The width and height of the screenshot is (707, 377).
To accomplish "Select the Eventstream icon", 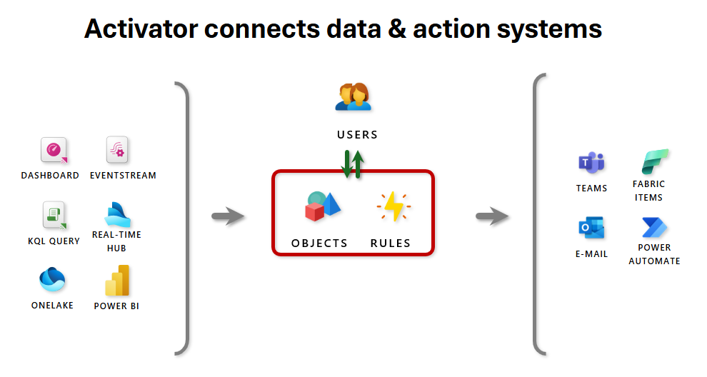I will [x=117, y=151].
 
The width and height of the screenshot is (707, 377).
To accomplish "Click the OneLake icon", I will [x=52, y=279].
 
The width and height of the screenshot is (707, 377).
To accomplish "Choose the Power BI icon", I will [x=117, y=281].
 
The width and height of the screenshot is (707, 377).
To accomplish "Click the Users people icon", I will [x=353, y=98].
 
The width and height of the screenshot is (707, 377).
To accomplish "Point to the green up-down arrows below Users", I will [x=352, y=164].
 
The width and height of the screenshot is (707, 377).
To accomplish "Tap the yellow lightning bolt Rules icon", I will [x=393, y=206].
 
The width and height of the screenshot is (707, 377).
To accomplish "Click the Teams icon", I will [x=591, y=164].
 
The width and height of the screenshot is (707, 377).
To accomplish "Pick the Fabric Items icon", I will [x=654, y=162].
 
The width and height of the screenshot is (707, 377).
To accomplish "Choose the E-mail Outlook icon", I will [x=591, y=228].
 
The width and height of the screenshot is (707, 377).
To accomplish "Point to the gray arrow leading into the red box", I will [x=229, y=216].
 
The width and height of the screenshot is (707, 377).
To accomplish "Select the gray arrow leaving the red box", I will [x=492, y=216].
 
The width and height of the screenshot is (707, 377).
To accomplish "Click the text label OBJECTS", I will [x=319, y=243].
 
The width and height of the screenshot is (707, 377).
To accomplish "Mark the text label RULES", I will [x=391, y=243].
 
